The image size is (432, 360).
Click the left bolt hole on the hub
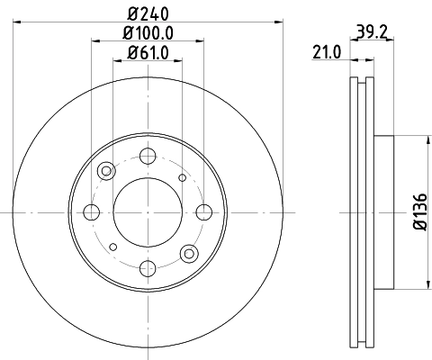[x=91, y=212]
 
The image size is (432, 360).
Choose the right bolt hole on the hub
[x=203, y=212]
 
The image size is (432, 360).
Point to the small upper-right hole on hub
[x=183, y=177]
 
